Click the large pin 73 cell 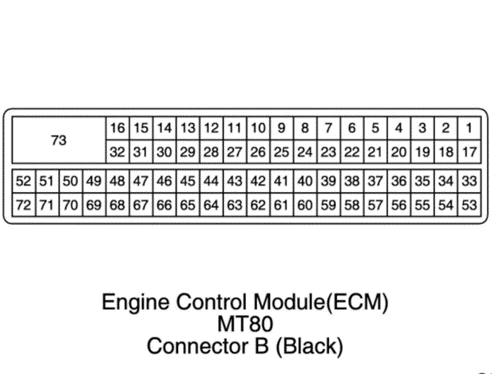click(x=59, y=139)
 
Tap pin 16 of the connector click(x=117, y=128)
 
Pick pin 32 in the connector click(x=117, y=151)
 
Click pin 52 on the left click(x=24, y=181)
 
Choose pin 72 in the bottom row click(x=24, y=205)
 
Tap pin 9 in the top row click(x=282, y=128)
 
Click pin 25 click(x=282, y=151)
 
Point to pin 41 click(x=282, y=181)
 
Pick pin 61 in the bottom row click(x=282, y=205)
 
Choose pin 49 click(x=94, y=181)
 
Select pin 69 click(x=94, y=205)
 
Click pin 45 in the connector click(x=188, y=181)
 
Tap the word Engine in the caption click(x=135, y=304)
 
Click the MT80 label click(x=245, y=324)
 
